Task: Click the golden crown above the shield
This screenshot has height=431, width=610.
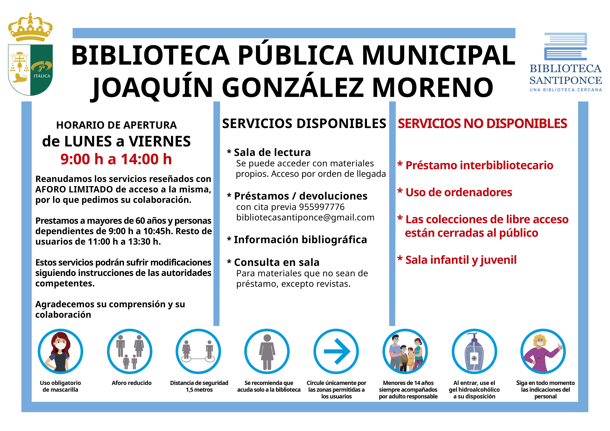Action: point(30,28)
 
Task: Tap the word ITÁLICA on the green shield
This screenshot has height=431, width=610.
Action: point(42,76)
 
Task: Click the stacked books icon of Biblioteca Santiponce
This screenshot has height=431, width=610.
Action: point(565,46)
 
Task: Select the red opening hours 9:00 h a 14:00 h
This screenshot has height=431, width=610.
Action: point(116,159)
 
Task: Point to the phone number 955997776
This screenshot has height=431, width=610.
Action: point(322,207)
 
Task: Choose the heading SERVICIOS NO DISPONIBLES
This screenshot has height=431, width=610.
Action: point(482,124)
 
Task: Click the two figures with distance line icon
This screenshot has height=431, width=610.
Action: point(198,351)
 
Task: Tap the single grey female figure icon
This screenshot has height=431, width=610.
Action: point(267,351)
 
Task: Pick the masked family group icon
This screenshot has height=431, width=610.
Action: point(405,351)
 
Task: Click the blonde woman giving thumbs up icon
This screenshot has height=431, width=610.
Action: point(543,351)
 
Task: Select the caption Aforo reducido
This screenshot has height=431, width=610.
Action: point(132,383)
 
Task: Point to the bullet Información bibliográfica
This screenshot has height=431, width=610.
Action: point(300,240)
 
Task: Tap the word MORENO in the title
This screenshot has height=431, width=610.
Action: point(433,88)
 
